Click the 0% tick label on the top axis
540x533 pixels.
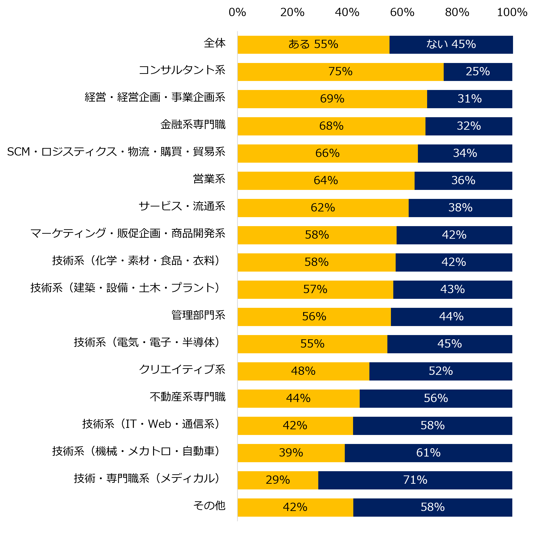pyautogui.click(x=237, y=12)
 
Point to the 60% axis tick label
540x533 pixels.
pyautogui.click(x=402, y=12)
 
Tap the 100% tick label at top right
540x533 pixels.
pyautogui.click(x=512, y=12)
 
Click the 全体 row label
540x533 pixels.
pyautogui.click(x=214, y=43)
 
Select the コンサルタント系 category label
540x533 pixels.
pyautogui.click(x=182, y=70)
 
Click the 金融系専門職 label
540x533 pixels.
pyautogui.click(x=193, y=125)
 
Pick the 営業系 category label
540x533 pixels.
pyautogui.click(x=209, y=179)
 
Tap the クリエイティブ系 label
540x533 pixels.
pyautogui.click(x=182, y=370)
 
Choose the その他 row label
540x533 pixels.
pyautogui.click(x=209, y=506)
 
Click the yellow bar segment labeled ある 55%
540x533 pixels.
pyautogui.click(x=313, y=45)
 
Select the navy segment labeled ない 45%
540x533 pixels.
pyautogui.click(x=451, y=45)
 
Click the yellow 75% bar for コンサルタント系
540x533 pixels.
pyautogui.click(x=341, y=72)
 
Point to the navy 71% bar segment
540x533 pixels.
pyautogui.click(x=415, y=480)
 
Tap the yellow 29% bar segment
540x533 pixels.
pyautogui.click(x=278, y=480)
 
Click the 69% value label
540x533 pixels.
pyautogui.click(x=332, y=99)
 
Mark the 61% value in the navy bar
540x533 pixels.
pyautogui.click(x=428, y=453)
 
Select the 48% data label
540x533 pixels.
pyautogui.click(x=303, y=371)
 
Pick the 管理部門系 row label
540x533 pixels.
pyautogui.click(x=198, y=315)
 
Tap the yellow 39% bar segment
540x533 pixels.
pyautogui.click(x=291, y=453)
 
